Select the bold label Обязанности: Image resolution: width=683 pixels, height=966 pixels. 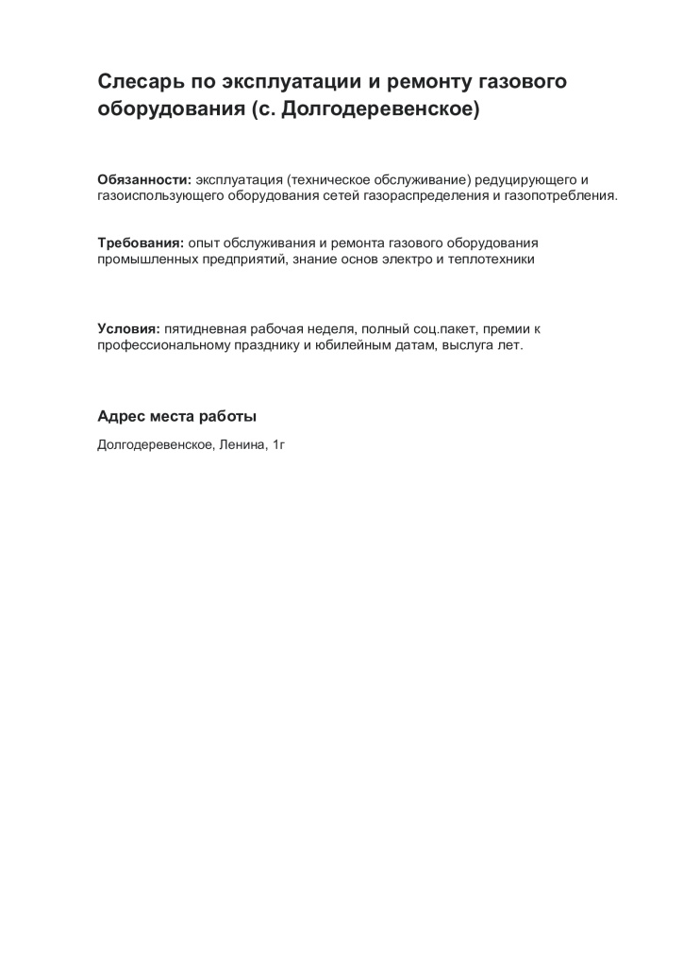[x=144, y=179]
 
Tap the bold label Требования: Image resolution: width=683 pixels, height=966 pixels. [x=141, y=242]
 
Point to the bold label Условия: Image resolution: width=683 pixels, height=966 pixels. [x=128, y=329]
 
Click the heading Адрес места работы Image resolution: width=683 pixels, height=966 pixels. [x=176, y=416]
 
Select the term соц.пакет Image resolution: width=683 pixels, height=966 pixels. [x=438, y=329]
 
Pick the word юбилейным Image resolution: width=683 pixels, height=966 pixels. [x=360, y=346]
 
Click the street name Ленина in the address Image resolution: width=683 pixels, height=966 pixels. [x=242, y=443]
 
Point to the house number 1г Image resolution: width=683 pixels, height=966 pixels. [x=278, y=443]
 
